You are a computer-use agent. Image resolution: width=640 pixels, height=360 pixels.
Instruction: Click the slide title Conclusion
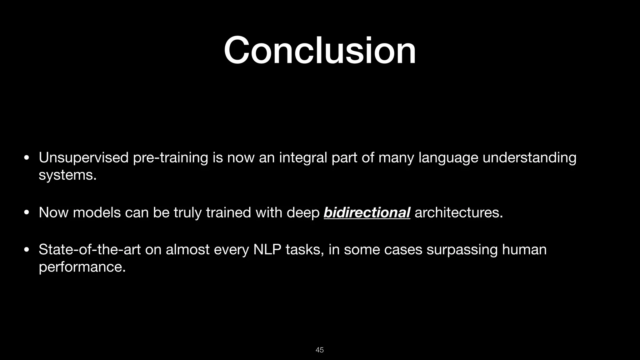point(320,50)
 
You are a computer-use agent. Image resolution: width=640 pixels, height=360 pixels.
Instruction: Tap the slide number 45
point(320,350)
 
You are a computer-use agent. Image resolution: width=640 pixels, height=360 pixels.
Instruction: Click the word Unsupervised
point(83,158)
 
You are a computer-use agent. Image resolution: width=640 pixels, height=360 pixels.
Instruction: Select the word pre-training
point(170,158)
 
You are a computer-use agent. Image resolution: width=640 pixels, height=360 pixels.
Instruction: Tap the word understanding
point(529,158)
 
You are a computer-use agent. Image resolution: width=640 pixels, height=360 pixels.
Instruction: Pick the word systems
point(67,175)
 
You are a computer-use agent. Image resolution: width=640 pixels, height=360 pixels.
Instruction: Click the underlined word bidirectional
point(367,213)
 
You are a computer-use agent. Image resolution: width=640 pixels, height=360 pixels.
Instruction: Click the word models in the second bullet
point(97,213)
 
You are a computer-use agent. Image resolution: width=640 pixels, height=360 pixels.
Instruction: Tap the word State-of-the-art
point(90,250)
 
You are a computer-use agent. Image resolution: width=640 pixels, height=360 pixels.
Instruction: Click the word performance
point(82,267)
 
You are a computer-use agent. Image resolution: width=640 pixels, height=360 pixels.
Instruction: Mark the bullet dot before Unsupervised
point(27,158)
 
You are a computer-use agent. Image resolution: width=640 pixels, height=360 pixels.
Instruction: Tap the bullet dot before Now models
point(27,213)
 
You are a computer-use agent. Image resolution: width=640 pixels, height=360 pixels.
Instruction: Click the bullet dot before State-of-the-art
point(27,250)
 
